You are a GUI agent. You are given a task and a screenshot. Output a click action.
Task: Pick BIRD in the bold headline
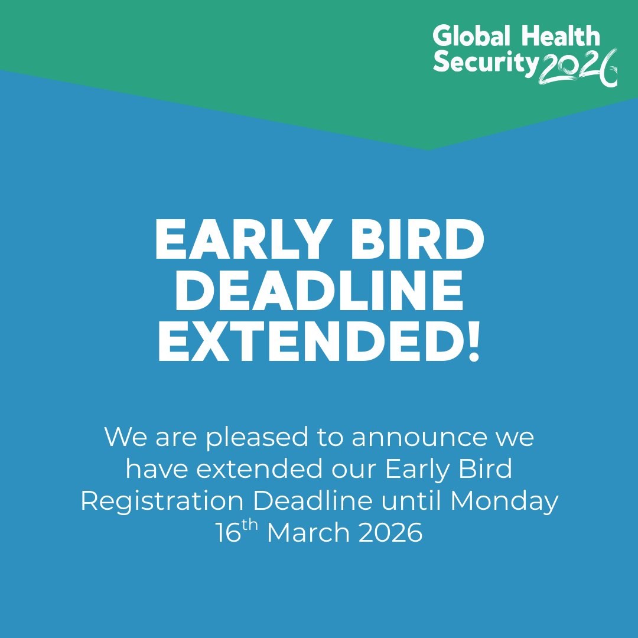(414, 242)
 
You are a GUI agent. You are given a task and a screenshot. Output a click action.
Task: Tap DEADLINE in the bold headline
(319, 292)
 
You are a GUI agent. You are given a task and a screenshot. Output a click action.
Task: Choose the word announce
(434, 438)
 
